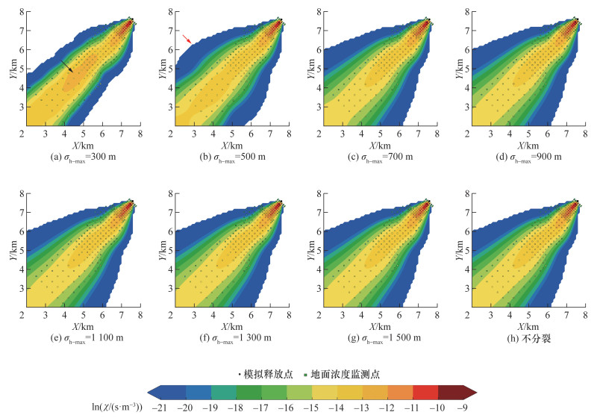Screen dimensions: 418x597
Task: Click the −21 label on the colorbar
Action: [180, 408]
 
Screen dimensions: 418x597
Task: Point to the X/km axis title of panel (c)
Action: [378, 144]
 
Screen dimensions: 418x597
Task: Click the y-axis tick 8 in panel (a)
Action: [16, 12]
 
